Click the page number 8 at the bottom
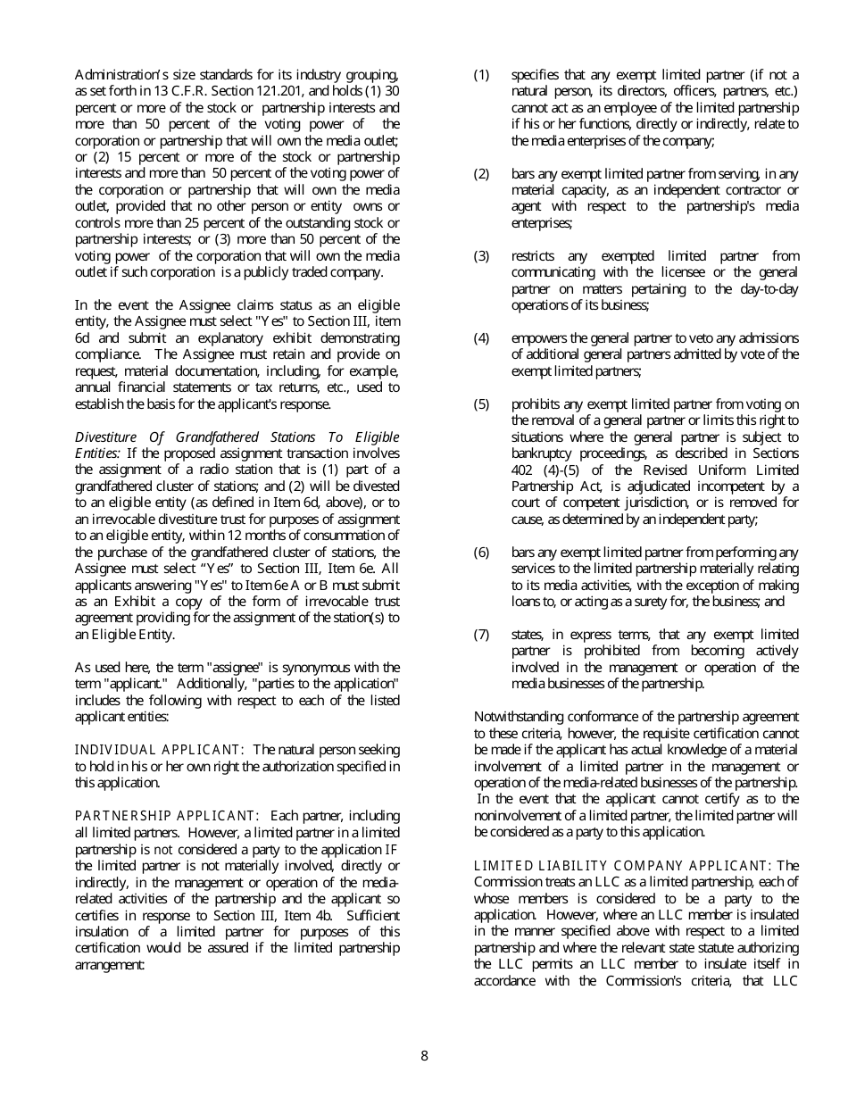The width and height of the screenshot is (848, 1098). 424,1056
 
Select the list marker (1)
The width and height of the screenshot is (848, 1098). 481,75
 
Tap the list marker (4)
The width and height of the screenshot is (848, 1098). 481,338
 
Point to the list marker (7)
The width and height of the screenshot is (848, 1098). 481,635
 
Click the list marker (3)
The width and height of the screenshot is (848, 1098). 481,256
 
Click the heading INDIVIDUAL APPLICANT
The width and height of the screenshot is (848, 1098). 160,750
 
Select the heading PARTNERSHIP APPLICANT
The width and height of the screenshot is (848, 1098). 167,816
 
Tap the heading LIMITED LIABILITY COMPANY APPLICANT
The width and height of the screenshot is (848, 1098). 623,866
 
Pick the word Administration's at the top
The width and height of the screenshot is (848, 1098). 121,75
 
